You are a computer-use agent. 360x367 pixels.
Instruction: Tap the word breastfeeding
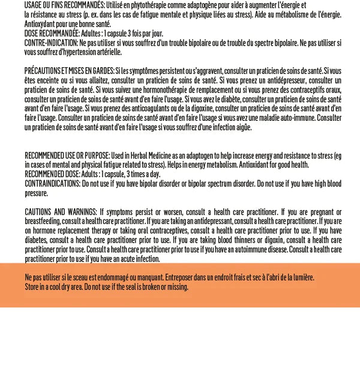(x=44, y=221)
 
